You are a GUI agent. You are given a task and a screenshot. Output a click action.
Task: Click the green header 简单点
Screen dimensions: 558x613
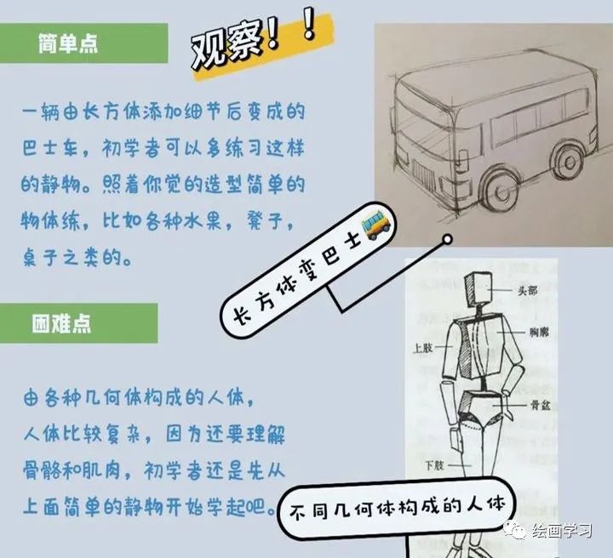pyautogui.click(x=68, y=44)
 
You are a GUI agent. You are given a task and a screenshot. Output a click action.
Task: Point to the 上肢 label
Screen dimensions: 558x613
pyautogui.click(x=423, y=349)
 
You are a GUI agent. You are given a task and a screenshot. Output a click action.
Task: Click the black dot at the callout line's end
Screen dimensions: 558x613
pyautogui.click(x=445, y=242)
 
